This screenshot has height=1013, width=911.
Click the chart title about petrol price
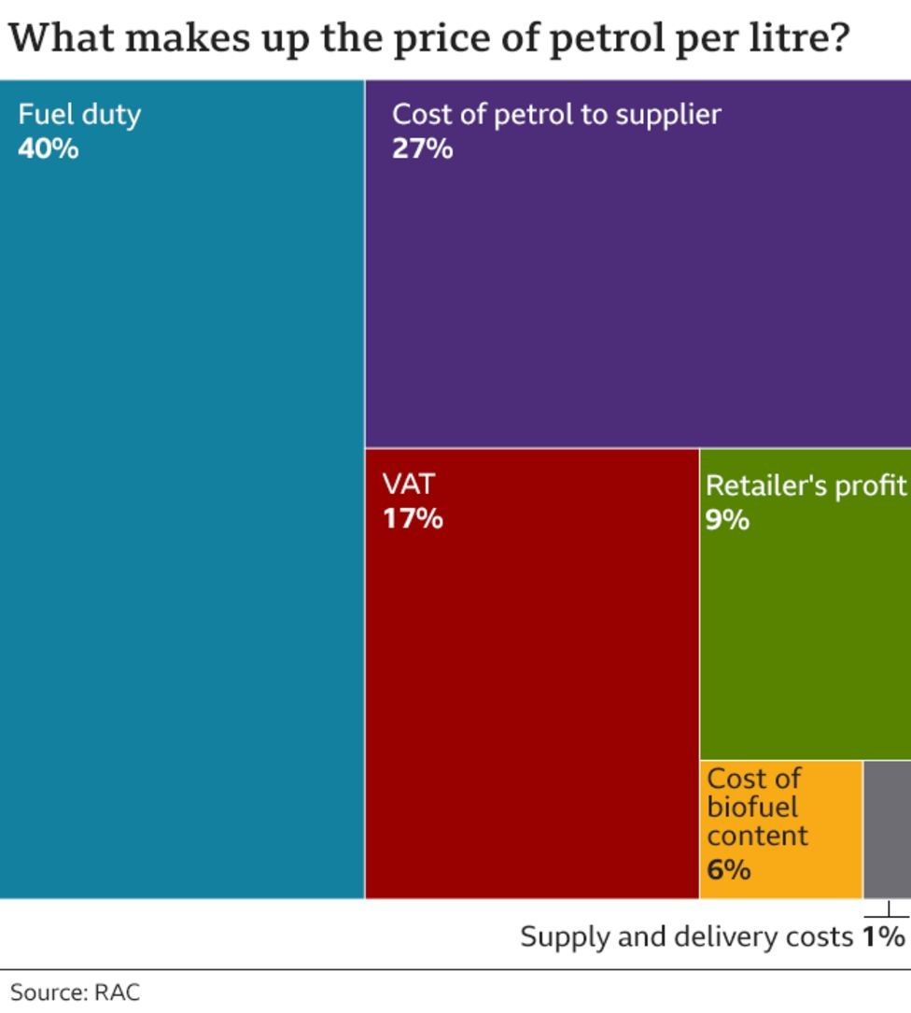click(429, 39)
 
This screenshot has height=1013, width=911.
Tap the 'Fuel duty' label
click(79, 115)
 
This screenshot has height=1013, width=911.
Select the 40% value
click(48, 148)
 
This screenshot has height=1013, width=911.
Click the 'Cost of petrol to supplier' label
click(556, 115)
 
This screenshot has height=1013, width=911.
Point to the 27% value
click(422, 148)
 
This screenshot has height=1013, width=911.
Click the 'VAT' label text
click(408, 485)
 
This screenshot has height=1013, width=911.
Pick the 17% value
click(413, 518)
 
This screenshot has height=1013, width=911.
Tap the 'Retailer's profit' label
click(806, 485)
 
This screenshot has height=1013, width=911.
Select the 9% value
click(727, 519)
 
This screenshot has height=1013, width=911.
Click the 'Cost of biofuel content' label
click(756, 807)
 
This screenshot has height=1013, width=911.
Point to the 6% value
click(728, 870)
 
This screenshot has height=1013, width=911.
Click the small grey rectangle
click(887, 829)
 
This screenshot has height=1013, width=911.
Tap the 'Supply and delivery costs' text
click(686, 936)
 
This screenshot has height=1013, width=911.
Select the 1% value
click(884, 936)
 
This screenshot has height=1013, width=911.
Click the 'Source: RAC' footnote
click(75, 992)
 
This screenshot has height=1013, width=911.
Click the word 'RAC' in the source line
click(117, 992)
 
